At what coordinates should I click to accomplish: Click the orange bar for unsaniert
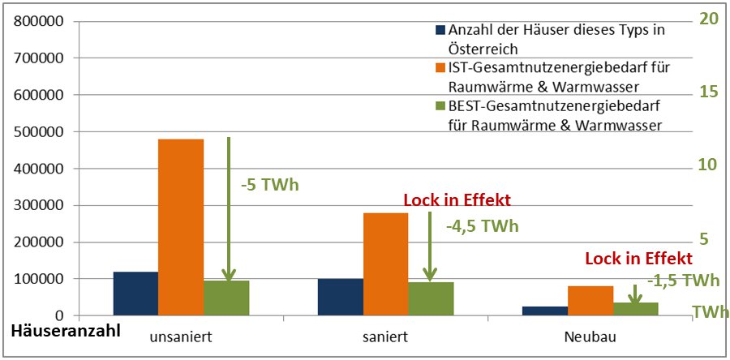click(181, 227)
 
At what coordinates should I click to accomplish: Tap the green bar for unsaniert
click(226, 298)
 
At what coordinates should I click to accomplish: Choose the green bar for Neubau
click(635, 309)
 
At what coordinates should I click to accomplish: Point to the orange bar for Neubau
click(590, 300)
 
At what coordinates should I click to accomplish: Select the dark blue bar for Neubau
click(544, 311)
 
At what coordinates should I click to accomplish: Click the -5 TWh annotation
click(270, 184)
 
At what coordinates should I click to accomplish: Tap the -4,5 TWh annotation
click(482, 226)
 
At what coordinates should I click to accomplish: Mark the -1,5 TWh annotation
click(684, 281)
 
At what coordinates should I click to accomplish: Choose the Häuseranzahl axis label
click(66, 331)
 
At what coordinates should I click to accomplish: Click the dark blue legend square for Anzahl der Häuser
click(440, 31)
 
